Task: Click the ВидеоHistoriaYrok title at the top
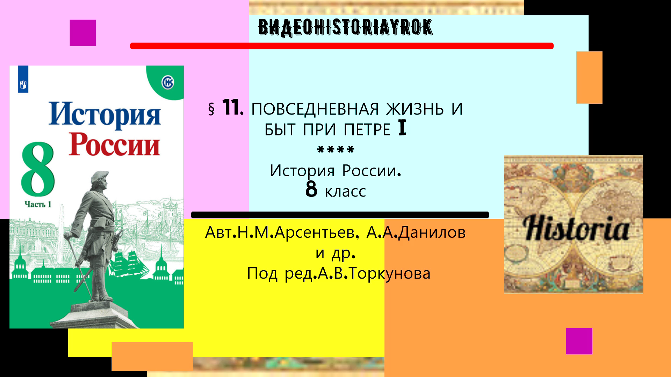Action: (x=345, y=28)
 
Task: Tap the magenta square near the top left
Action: (x=83, y=33)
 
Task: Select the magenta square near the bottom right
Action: (x=579, y=341)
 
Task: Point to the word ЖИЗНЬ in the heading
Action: (x=415, y=109)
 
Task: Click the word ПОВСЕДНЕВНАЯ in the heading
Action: (x=315, y=109)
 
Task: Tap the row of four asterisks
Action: (x=335, y=150)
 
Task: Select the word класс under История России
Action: (x=345, y=192)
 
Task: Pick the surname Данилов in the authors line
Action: (x=432, y=232)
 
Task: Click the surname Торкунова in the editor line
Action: (x=389, y=273)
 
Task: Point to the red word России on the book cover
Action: (x=114, y=144)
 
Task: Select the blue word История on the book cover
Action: (x=104, y=114)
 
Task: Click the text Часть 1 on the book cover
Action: (x=38, y=204)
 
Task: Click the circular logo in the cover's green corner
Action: (x=168, y=83)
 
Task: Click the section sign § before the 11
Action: (x=211, y=109)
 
